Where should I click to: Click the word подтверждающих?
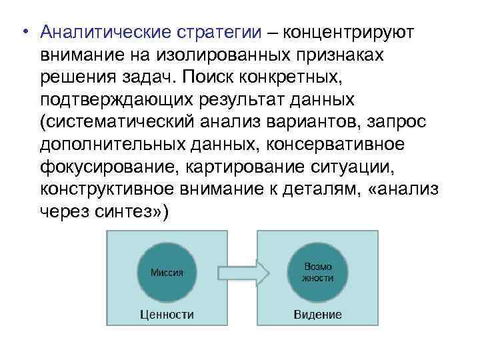[107, 100]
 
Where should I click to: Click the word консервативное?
[371, 145]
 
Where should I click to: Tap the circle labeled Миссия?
[167, 272]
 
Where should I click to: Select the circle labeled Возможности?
[318, 272]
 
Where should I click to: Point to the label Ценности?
[167, 313]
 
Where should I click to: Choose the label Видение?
[318, 313]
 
